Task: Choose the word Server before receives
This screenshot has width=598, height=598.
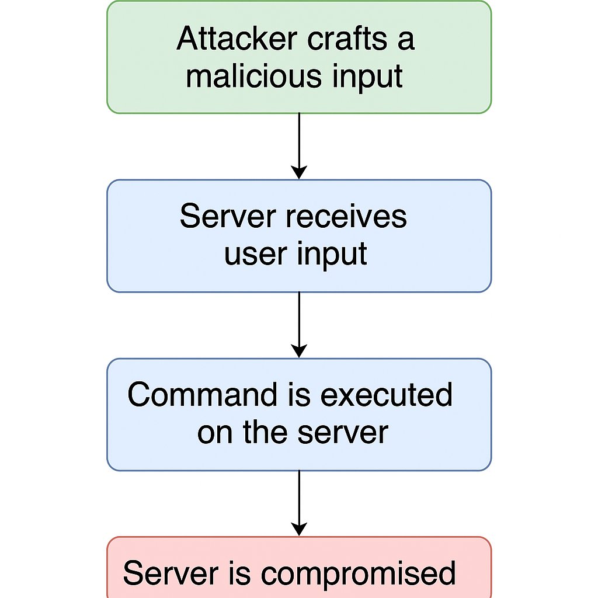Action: [x=227, y=217]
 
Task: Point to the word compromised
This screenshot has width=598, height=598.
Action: [x=358, y=573]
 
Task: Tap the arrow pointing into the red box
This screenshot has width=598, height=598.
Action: [x=299, y=502]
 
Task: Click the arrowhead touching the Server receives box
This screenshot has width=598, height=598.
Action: [x=299, y=173]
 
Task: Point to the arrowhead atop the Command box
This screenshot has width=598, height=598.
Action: [x=299, y=352]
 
